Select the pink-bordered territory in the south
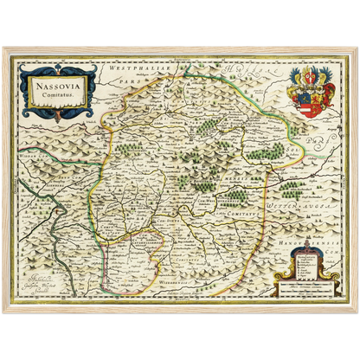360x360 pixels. [x=121, y=251]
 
